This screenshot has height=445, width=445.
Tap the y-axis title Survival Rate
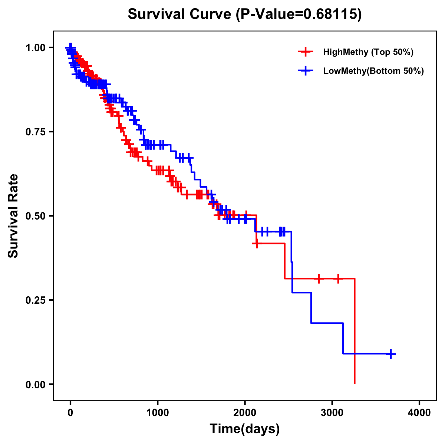(13, 215)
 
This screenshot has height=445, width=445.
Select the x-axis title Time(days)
(245, 429)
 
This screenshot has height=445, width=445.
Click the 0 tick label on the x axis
(70, 413)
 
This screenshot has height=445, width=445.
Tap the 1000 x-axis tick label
(158, 413)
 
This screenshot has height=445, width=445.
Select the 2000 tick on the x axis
(245, 413)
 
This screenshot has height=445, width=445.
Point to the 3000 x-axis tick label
(332, 413)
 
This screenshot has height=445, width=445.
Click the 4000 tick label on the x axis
(419, 413)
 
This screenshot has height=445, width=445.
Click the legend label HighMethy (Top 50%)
(368, 52)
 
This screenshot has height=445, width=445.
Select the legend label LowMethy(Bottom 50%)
(373, 71)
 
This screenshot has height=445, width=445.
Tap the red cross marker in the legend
(305, 52)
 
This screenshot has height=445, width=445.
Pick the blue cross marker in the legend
(305, 71)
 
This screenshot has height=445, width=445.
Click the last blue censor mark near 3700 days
(390, 354)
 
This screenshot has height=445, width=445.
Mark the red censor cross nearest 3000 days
(338, 278)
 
